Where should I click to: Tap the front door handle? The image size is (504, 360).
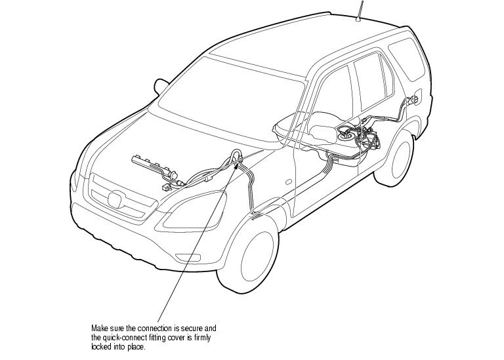click(x=289, y=182)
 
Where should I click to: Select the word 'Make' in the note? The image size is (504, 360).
click(x=98, y=329)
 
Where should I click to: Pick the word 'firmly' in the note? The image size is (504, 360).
click(x=202, y=338)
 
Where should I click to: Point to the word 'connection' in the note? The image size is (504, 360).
click(x=155, y=329)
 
